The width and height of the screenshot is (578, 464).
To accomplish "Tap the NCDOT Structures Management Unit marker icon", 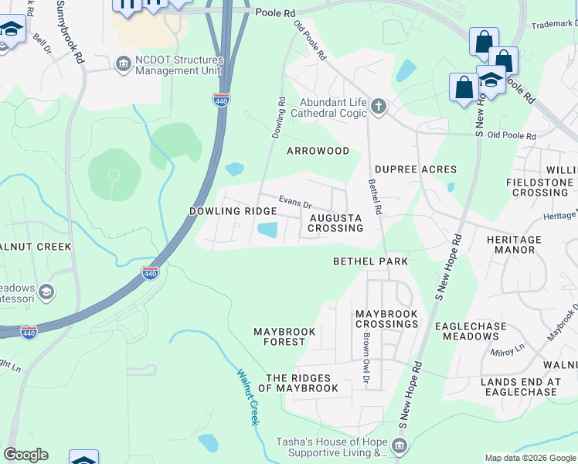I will point(123,63).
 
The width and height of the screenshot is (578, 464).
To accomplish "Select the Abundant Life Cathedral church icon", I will point(378,106).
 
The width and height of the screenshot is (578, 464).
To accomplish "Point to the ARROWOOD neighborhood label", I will point(318,151).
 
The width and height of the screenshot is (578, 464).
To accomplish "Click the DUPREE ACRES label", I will point(416,169).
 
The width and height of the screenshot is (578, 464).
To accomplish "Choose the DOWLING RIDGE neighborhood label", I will point(233,211).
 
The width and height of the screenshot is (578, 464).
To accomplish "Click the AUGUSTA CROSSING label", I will point(336,223).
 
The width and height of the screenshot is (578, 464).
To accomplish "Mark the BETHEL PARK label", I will point(370,261).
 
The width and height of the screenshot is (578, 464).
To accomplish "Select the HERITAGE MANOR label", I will point(514,245).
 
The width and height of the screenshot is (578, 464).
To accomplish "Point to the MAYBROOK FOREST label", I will point(285,336).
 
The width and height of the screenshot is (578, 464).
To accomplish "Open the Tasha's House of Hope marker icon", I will point(399,445).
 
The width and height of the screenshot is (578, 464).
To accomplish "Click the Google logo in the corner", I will point(25,455).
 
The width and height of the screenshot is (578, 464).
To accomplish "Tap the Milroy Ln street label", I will point(507,349).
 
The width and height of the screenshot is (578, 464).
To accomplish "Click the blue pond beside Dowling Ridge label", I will point(267,230).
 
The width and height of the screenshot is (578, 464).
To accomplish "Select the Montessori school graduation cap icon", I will point(46,292).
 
